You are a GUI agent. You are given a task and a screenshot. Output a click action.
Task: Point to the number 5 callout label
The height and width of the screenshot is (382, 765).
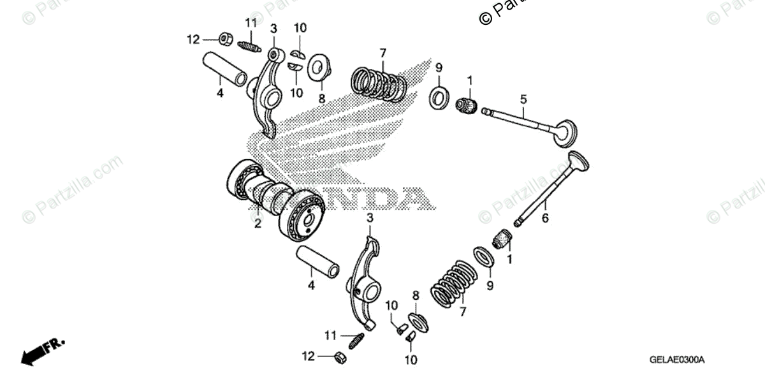[523, 99]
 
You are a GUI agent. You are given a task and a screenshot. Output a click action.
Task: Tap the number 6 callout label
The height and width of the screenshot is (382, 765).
[545, 218]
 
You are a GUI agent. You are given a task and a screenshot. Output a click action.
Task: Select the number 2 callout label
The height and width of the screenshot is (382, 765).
[258, 224]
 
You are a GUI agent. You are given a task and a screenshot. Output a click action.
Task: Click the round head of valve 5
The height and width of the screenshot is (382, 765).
[564, 133]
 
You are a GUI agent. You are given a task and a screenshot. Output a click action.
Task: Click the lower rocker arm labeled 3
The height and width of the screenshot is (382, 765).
[363, 281]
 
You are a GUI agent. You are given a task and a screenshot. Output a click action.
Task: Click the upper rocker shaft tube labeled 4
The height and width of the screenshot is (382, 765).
[224, 69]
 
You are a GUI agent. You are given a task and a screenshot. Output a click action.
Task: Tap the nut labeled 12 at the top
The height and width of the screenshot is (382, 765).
[225, 39]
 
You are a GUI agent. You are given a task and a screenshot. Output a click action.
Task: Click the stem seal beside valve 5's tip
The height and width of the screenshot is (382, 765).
[467, 105]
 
